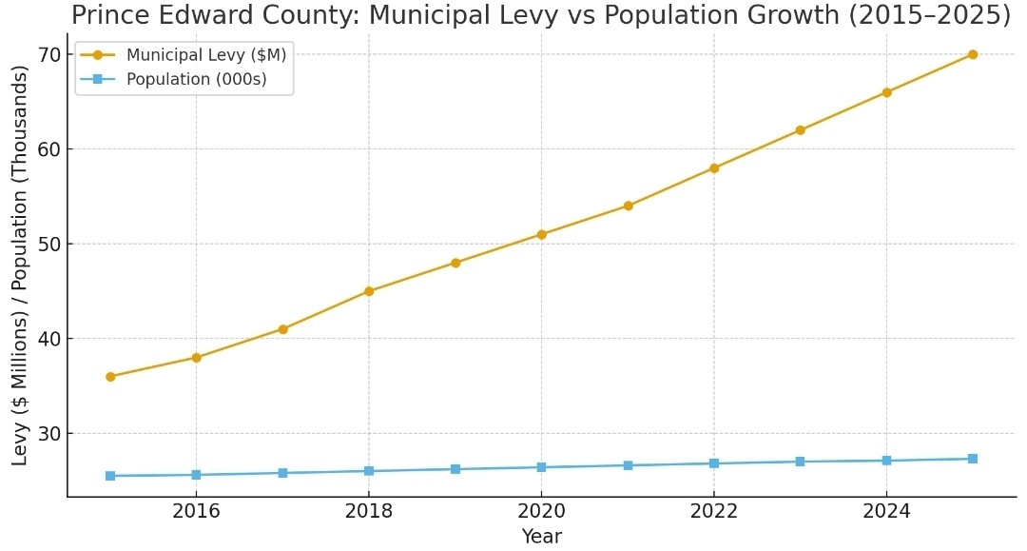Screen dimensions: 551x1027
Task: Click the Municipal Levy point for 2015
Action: [x=110, y=377]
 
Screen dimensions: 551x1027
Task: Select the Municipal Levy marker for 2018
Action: [x=369, y=291]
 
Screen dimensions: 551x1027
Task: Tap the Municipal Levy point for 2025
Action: [x=972, y=54]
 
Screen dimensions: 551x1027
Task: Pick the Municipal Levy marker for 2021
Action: [x=628, y=206]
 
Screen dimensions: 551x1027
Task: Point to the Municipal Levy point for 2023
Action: [x=800, y=130]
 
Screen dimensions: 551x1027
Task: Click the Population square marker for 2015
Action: [x=110, y=476]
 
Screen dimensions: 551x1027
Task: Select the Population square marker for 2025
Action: [x=972, y=459]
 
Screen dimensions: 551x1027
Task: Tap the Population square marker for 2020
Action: [x=541, y=467]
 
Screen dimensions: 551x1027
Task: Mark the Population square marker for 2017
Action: [x=282, y=473]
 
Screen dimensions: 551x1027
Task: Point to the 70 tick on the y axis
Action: [x=49, y=54]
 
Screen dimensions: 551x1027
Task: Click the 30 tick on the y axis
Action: [x=49, y=434]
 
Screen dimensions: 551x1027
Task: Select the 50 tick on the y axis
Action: [x=49, y=244]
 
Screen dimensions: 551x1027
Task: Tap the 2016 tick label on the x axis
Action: [x=196, y=512]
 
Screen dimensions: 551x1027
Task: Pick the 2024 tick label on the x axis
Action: [x=885, y=512]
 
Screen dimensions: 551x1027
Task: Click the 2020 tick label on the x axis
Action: [x=541, y=512]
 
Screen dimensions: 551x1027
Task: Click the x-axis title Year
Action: [x=541, y=537]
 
